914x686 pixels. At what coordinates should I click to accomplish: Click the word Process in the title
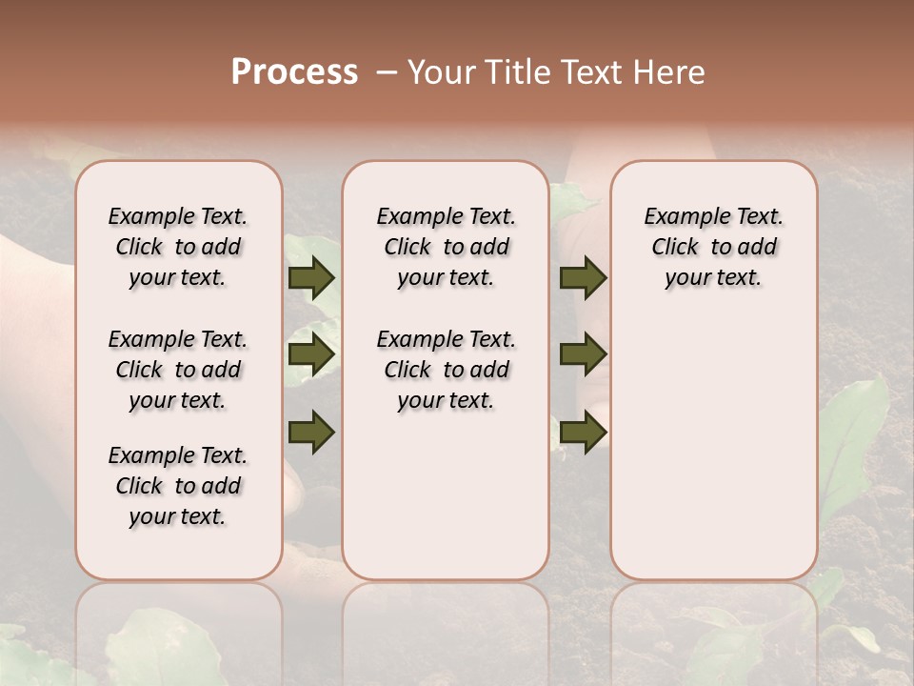click(x=294, y=71)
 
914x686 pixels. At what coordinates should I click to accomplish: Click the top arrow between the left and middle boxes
click(x=311, y=278)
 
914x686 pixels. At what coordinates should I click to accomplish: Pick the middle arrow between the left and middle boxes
click(x=311, y=354)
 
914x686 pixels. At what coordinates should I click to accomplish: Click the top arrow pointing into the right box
click(x=583, y=278)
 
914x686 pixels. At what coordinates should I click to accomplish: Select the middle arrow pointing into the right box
click(x=583, y=354)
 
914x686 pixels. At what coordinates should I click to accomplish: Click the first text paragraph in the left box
click(x=178, y=247)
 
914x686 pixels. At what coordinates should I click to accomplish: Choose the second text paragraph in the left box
click(x=178, y=370)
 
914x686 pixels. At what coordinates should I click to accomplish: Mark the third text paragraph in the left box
click(x=178, y=486)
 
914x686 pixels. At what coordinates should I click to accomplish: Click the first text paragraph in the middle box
click(x=447, y=247)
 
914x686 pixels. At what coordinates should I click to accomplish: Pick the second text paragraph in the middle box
click(x=447, y=370)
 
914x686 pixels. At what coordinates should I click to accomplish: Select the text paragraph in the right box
click(x=714, y=247)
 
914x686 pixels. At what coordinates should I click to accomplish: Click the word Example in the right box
click(x=678, y=216)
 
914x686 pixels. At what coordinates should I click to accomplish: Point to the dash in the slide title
click(x=387, y=72)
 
